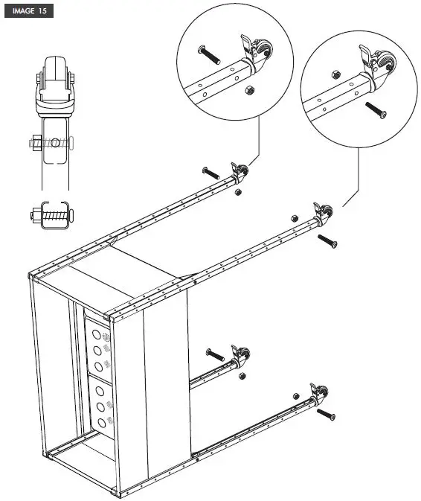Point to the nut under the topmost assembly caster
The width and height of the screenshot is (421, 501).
click(237, 193)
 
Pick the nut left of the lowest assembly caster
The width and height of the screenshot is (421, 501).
click(295, 395)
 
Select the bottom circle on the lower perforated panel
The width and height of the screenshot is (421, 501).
click(99, 423)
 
